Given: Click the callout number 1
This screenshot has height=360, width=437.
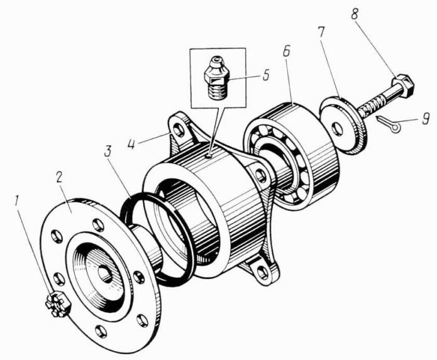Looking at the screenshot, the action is pos(17,201).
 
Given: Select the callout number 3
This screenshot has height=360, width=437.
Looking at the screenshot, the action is pos(108,153).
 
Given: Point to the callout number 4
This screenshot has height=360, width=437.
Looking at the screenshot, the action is pos(132,141).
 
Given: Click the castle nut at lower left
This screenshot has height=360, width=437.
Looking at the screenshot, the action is pos(58,304).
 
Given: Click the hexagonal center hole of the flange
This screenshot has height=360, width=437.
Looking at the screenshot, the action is pos(105,275).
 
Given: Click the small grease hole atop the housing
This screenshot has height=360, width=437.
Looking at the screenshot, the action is pos(209,156).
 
